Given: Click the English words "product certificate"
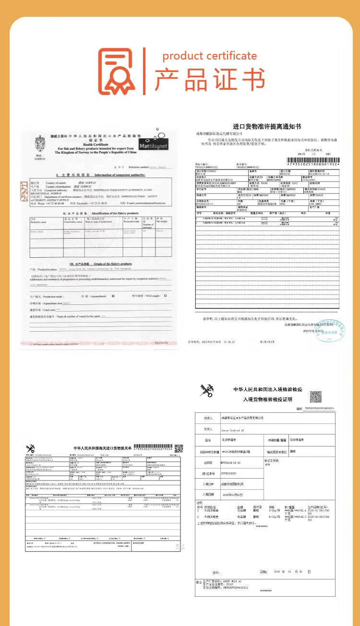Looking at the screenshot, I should (209, 56).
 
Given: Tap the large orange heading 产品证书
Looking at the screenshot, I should (209, 80).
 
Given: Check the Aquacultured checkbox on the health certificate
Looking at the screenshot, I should (113, 296).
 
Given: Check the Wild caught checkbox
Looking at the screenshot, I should (165, 296).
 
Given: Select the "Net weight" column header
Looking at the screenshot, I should (160, 221).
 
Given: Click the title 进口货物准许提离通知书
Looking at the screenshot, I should (267, 126).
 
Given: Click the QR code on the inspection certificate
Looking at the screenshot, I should (315, 397).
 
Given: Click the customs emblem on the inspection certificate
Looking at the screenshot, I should (207, 391).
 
